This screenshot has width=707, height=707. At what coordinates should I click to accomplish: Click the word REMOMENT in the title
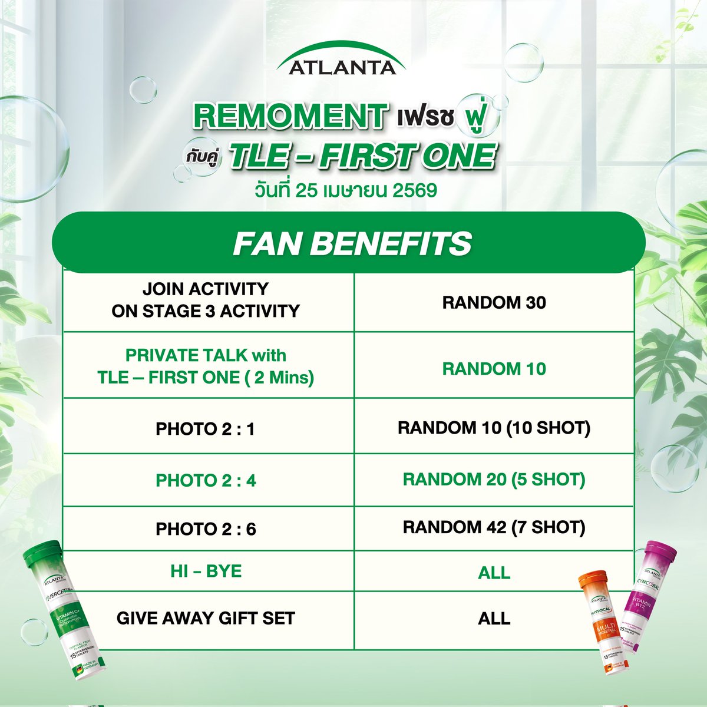click(290, 116)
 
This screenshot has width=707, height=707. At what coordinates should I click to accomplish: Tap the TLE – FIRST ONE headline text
click(361, 156)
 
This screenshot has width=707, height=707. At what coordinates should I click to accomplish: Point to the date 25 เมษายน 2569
click(346, 191)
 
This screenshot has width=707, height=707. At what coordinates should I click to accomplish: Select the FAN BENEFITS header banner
click(352, 243)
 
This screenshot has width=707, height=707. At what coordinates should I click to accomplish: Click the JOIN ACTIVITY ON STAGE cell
click(206, 300)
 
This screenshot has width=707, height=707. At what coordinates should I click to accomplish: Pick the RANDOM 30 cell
click(494, 303)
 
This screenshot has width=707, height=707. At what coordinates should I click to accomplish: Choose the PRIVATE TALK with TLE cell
click(206, 366)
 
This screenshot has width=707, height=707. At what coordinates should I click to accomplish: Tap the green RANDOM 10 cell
click(494, 369)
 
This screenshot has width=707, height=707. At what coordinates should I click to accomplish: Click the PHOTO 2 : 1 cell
click(206, 429)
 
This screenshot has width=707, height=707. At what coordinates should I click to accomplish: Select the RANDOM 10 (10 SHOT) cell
click(494, 428)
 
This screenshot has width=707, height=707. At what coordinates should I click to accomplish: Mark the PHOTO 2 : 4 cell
click(206, 480)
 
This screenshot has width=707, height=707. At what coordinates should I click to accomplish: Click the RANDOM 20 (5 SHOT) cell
click(494, 480)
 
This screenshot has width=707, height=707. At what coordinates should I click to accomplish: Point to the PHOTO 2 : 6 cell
click(206, 529)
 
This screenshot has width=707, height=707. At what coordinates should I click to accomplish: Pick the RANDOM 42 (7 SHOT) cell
click(494, 527)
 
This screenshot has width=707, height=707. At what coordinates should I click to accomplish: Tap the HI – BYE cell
click(206, 571)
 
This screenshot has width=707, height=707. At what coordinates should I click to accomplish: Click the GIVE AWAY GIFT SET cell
click(206, 618)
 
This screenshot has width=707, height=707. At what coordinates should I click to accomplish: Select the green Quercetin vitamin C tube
click(57, 619)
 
